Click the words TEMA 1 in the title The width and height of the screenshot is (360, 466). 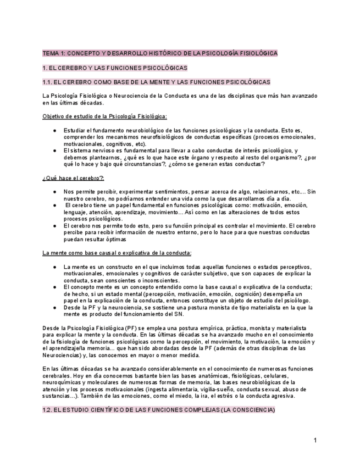53,53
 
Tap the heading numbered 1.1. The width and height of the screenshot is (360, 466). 156,82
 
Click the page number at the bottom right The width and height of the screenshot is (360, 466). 315,440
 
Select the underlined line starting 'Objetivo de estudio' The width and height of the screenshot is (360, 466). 105,116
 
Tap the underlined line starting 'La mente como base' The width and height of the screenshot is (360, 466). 117,253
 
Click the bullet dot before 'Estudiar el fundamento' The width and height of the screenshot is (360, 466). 54,130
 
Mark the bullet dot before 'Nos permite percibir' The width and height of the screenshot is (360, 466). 54,192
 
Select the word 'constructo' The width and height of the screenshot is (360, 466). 123,267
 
